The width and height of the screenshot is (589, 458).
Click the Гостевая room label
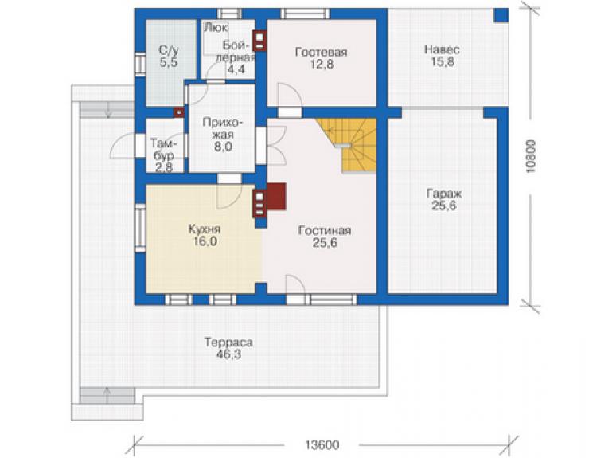pyautogui.click(x=322, y=52)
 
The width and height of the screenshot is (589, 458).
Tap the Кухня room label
pyautogui.click(x=205, y=229)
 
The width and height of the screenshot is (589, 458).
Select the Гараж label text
pyautogui.click(x=443, y=194)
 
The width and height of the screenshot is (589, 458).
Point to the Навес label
pyautogui.click(x=442, y=49)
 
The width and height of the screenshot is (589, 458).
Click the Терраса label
pyautogui.click(x=228, y=343)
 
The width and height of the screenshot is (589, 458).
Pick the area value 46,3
pyautogui.click(x=228, y=354)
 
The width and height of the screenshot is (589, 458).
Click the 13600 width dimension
pyautogui.click(x=322, y=445)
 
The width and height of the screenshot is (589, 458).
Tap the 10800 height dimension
pyautogui.click(x=530, y=156)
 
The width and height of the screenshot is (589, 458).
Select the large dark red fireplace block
pyautogui.click(x=276, y=196)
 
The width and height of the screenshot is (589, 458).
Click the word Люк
pyautogui.click(x=216, y=28)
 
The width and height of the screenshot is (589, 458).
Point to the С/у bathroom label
pyautogui.click(x=169, y=50)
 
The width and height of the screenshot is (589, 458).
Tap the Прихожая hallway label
pyautogui.click(x=223, y=128)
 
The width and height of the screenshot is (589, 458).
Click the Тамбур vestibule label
pyautogui.click(x=163, y=149)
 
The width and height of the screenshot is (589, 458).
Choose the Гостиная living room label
pyautogui.click(x=325, y=230)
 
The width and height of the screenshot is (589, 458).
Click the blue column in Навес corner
pyautogui.click(x=501, y=15)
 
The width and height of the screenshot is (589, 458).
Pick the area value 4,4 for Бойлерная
pyautogui.click(x=236, y=69)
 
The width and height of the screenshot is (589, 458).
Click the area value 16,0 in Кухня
pyautogui.click(x=205, y=241)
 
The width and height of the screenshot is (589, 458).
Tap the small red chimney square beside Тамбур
pyautogui.click(x=178, y=112)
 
